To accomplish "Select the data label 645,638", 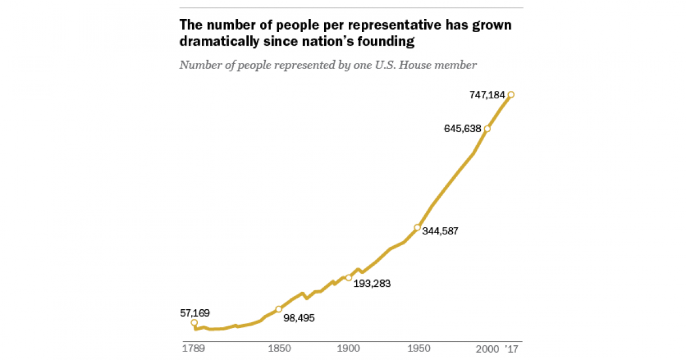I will pyautogui.click(x=462, y=129).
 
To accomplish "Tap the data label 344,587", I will pyautogui.click(x=440, y=231).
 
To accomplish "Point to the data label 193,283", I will pyautogui.click(x=372, y=282).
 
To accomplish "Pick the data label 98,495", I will pyautogui.click(x=299, y=318).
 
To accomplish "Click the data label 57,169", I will pyautogui.click(x=194, y=313).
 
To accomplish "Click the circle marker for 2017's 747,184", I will pyautogui.click(x=511, y=95).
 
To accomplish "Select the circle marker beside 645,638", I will pyautogui.click(x=487, y=129).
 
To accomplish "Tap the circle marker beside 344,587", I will pyautogui.click(x=417, y=227).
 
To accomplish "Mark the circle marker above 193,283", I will pyautogui.click(x=348, y=278).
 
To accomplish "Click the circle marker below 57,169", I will pyautogui.click(x=194, y=323).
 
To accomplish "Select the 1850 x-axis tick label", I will pyautogui.click(x=278, y=349).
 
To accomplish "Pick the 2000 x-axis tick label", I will pyautogui.click(x=486, y=349).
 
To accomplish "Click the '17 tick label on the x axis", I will pyautogui.click(x=512, y=349).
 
